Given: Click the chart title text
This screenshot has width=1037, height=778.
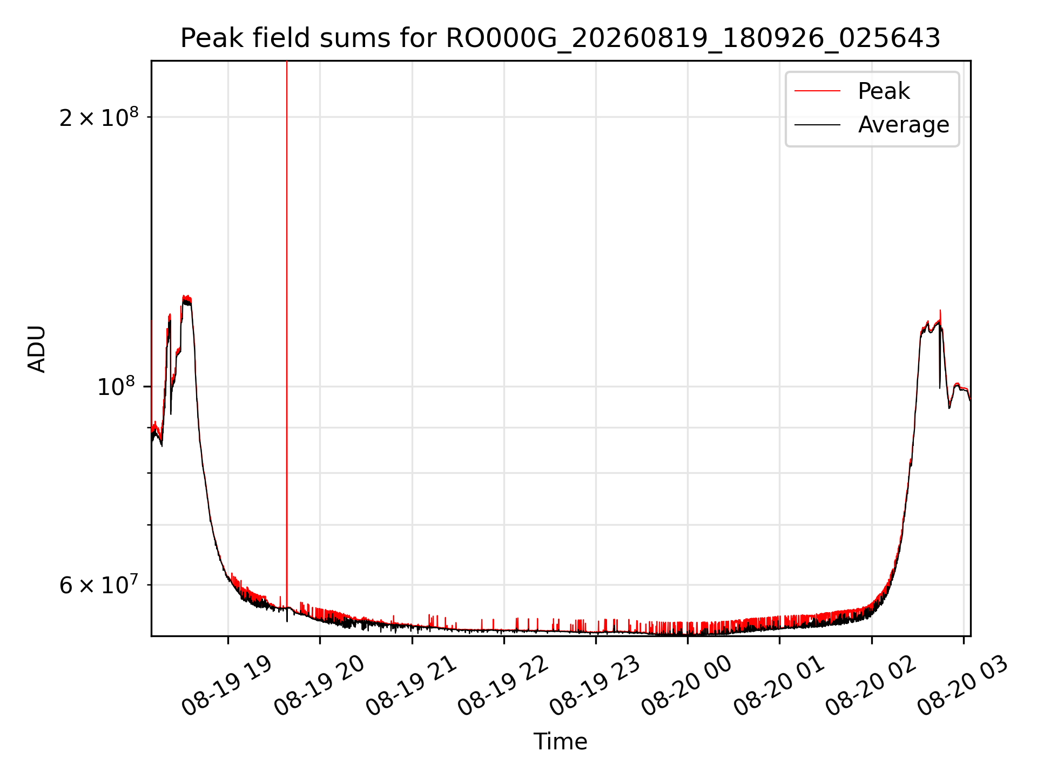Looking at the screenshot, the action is (560, 38).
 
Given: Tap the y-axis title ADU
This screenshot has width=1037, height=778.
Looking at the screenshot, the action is (37, 349).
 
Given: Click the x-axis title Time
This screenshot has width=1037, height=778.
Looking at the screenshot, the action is (560, 742).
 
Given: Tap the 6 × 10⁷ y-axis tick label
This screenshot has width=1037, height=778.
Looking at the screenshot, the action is (99, 585).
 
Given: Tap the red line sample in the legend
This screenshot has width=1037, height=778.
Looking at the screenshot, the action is (818, 91).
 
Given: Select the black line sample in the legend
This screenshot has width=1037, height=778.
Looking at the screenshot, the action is (818, 125).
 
